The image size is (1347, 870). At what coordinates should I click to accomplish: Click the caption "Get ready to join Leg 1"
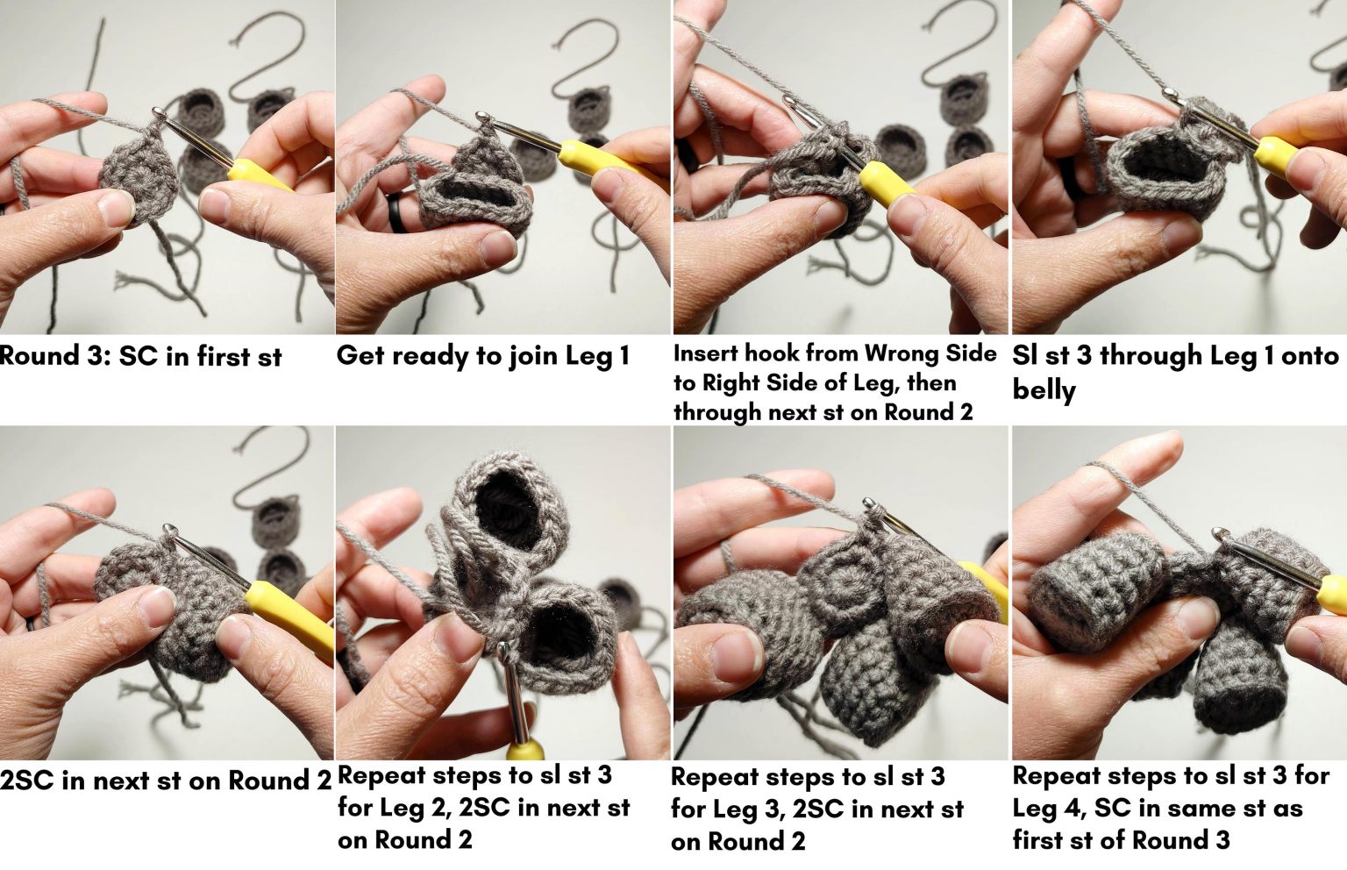483,355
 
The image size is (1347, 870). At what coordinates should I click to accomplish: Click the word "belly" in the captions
1044,390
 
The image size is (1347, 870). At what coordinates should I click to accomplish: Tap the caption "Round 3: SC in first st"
140,357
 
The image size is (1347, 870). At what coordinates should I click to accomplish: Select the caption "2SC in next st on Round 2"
166,781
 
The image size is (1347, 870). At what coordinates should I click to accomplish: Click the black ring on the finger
398,212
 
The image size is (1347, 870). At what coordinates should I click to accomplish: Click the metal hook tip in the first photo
158,111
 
